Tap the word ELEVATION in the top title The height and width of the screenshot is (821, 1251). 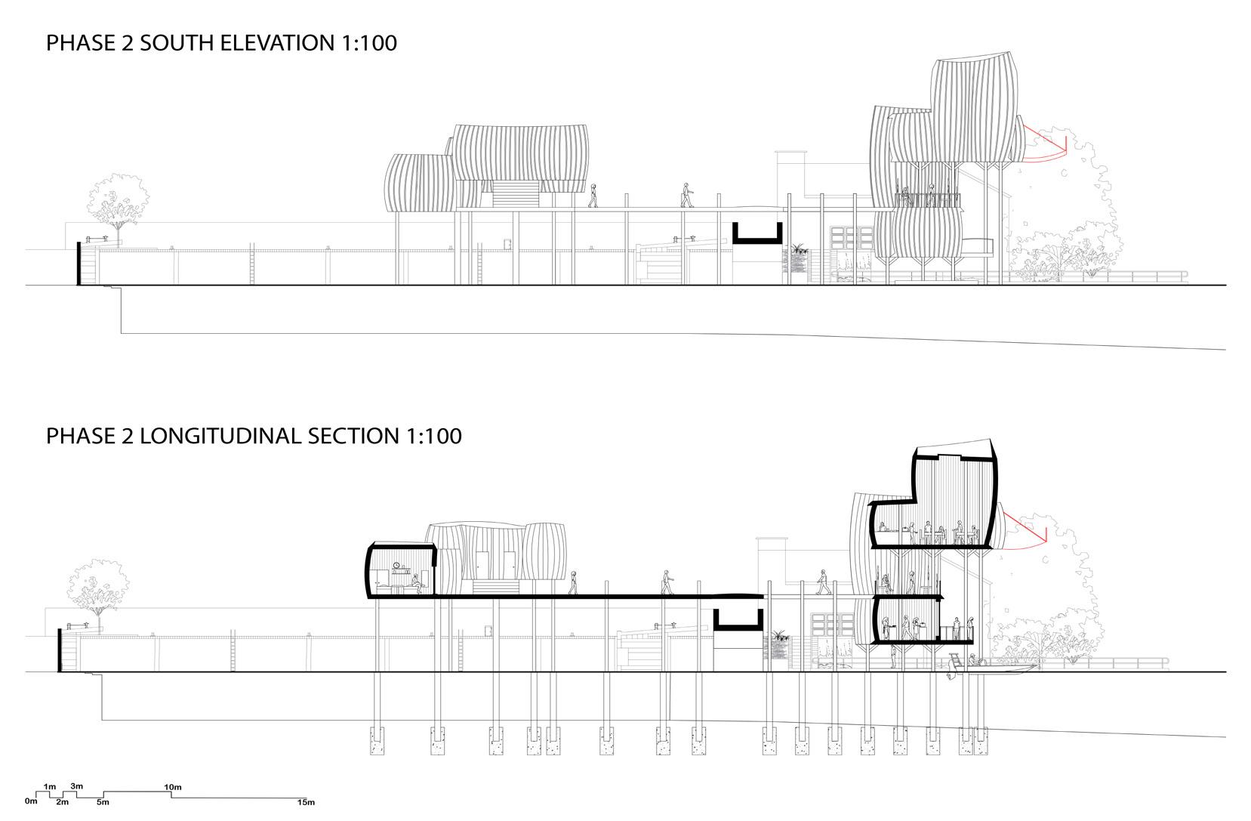(285, 43)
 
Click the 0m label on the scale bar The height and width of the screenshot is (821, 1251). (30, 801)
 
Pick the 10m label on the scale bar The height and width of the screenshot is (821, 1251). (172, 788)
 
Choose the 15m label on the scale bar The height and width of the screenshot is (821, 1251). (305, 802)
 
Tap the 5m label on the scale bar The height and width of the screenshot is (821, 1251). (103, 802)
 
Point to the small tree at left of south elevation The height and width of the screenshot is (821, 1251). (117, 200)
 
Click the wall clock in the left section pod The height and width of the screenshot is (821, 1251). (396, 565)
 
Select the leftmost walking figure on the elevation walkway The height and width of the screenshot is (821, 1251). (593, 195)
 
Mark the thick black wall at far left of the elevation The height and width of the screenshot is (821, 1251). (79, 264)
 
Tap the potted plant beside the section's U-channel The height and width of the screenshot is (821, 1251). (778, 642)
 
